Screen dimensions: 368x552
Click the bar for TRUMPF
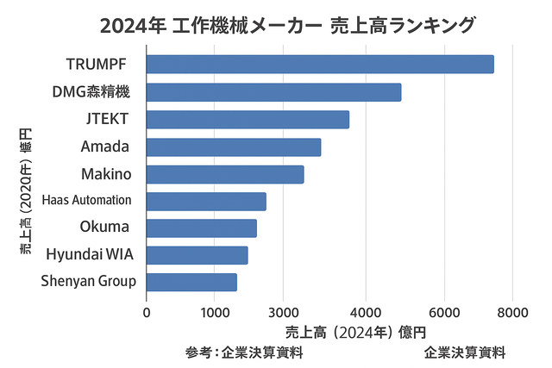pyautogui.click(x=319, y=65)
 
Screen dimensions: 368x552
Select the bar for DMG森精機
pyautogui.click(x=273, y=92)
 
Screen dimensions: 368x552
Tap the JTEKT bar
pyautogui.click(x=248, y=119)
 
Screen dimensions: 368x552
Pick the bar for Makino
pyautogui.click(x=225, y=174)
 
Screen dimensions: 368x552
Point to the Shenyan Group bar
pyautogui.click(x=191, y=282)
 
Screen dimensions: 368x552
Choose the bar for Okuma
pyautogui.click(x=201, y=228)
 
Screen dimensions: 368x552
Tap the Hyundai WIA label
pyautogui.click(x=90, y=254)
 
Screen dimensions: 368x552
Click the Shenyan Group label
pyautogui.click(x=88, y=281)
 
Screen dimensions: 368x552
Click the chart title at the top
pyautogui.click(x=287, y=25)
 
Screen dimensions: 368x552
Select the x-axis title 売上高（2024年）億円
pyautogui.click(x=355, y=332)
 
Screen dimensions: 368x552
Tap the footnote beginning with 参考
pyautogui.click(x=243, y=352)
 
